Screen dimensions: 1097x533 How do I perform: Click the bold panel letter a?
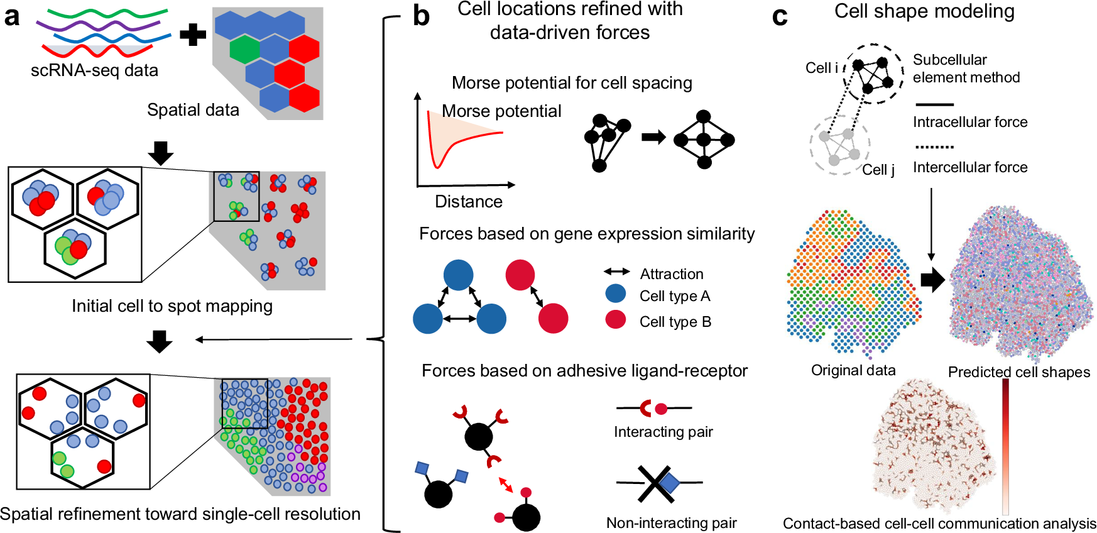point(12,16)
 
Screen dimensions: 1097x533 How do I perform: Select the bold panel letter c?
point(780,16)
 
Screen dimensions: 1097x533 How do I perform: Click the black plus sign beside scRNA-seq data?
point(193,34)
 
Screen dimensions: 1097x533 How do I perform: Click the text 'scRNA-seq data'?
point(94,70)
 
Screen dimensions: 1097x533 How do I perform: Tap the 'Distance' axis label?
point(469,202)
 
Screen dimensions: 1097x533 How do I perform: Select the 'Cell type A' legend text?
point(675,296)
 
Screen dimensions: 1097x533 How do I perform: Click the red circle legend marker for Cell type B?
point(616,319)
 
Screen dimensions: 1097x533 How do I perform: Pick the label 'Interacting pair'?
point(663,432)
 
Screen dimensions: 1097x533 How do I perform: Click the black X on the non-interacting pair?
point(656,484)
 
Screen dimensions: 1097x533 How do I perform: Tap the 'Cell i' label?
point(822,68)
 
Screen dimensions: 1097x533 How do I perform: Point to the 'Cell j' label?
point(878,170)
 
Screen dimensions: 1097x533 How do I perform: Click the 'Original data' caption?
point(853,370)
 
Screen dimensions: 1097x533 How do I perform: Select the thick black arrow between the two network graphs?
point(653,137)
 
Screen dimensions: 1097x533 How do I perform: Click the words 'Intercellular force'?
point(970,167)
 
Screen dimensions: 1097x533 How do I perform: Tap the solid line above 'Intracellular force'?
point(934,104)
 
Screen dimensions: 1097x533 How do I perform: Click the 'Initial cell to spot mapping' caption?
point(172,306)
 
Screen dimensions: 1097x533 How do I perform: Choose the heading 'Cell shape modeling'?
point(924,11)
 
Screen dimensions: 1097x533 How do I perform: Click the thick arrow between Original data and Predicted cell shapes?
point(933,280)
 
